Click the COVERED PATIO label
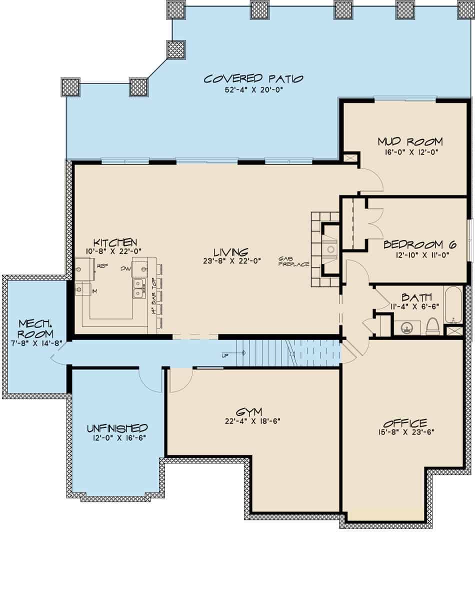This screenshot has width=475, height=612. pyautogui.click(x=253, y=79)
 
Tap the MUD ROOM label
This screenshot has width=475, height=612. pyautogui.click(x=410, y=141)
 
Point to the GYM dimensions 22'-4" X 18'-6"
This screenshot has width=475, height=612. pyautogui.click(x=252, y=421)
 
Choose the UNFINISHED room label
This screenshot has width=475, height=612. pyautogui.click(x=117, y=428)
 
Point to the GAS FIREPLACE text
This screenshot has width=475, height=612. pyautogui.click(x=294, y=261)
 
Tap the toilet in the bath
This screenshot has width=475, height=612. pyautogui.click(x=432, y=326)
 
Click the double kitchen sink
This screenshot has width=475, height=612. pyautogui.click(x=139, y=289)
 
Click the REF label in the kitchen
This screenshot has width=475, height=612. pyautogui.click(x=102, y=266)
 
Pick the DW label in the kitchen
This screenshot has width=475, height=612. pyautogui.click(x=125, y=268)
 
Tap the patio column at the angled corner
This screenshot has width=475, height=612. pyautogui.click(x=176, y=50)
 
